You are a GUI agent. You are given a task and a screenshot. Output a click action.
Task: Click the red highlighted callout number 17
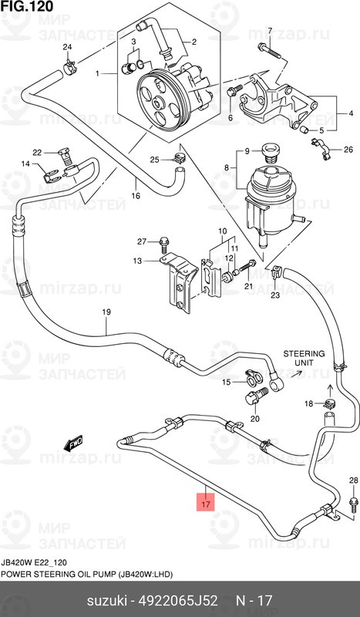coord(206,504)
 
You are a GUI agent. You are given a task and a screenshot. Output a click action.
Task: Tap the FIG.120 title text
coord(27,6)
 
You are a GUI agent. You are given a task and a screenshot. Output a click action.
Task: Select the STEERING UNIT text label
coord(304,358)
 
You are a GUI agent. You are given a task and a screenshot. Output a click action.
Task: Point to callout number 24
coord(67,48)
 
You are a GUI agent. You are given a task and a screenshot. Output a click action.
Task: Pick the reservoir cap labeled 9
coord(270,153)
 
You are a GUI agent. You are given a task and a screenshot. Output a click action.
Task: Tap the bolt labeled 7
coord(270,51)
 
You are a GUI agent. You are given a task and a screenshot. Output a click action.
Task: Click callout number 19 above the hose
coord(106,312)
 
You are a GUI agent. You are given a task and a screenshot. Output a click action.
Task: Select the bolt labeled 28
coord(353,504)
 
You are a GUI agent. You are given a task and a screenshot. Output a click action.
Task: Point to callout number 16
coord(136,196)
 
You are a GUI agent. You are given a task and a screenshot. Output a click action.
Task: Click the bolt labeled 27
coord(164,244)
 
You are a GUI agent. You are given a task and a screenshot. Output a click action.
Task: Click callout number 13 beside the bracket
coord(137,261)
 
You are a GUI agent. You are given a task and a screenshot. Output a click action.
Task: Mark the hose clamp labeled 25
coord(179,158)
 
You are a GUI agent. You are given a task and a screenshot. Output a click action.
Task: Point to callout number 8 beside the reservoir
coord(226,168)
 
